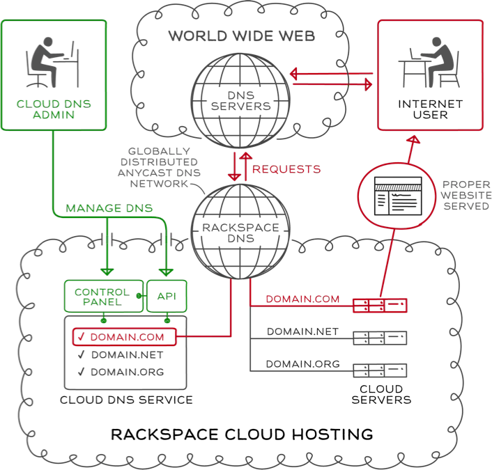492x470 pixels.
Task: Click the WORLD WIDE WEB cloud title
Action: [242, 34]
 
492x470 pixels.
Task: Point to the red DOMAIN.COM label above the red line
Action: [301, 299]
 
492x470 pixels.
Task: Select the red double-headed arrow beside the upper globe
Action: [332, 79]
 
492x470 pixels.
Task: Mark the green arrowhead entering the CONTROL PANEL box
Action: [106, 271]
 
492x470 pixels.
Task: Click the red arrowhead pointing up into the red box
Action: [413, 139]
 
